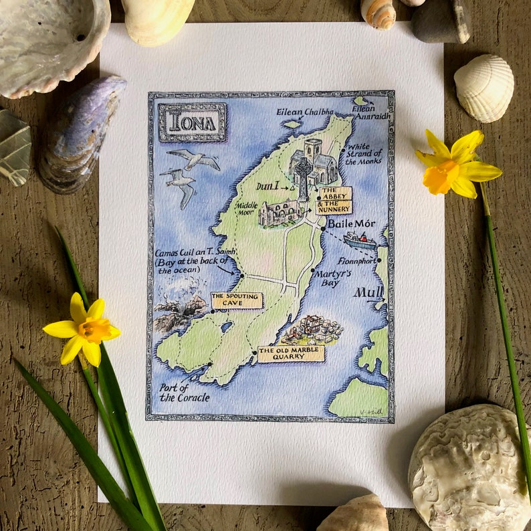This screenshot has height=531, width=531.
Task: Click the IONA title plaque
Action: click(x=192, y=122)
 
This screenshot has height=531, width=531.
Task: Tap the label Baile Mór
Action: click(x=351, y=224)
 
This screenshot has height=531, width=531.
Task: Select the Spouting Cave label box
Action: click(x=237, y=300)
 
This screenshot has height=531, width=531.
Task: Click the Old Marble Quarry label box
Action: click(x=291, y=354)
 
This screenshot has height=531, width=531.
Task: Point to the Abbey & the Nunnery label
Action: click(x=335, y=201)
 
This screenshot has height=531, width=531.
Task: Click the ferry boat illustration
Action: click(x=360, y=240)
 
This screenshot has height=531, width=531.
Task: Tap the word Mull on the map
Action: click(x=368, y=292)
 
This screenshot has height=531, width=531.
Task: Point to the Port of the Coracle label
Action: click(x=184, y=393)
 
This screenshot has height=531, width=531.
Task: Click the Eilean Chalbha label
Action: click(x=304, y=112)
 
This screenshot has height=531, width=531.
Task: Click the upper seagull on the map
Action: click(x=194, y=158)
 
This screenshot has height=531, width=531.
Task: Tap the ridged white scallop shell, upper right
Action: click(x=484, y=88)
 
